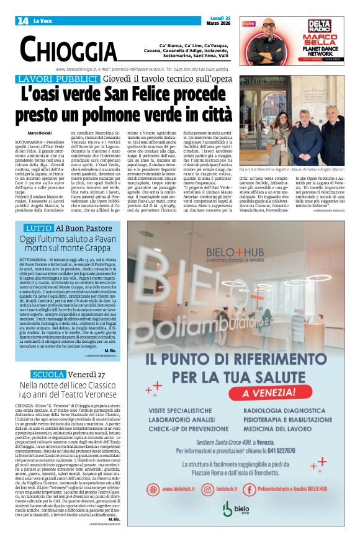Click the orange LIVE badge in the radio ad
249,24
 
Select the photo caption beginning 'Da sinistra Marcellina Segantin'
292,168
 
